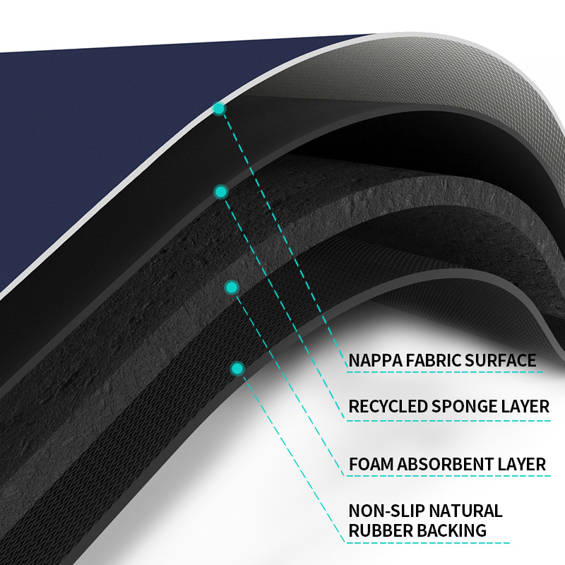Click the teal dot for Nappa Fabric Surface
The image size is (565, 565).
[219, 109]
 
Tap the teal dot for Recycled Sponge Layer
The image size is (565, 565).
[221, 191]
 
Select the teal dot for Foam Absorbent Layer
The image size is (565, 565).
[231, 287]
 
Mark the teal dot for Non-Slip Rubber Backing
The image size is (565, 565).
[237, 368]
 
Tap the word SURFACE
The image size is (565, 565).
[500, 360]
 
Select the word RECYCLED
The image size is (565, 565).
[388, 407]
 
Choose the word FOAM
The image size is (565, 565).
[371, 465]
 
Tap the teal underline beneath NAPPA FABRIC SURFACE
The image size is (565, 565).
[445, 371]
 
